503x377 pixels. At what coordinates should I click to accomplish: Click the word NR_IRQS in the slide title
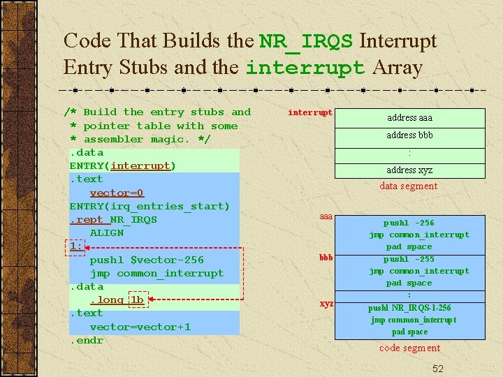point(306,41)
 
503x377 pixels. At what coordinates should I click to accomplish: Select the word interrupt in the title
point(305,68)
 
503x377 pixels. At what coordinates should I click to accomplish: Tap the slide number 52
point(437,368)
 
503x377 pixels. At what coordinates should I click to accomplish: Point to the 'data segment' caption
point(409,186)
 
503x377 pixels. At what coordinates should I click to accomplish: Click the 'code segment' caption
point(409,348)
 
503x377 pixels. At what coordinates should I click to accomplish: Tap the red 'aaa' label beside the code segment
point(326,217)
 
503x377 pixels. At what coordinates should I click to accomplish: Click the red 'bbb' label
point(326,258)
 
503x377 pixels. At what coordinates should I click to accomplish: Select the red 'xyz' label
point(326,304)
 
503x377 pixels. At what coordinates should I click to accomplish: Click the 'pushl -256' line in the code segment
point(409,223)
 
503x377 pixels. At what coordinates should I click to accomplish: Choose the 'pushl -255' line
point(409,259)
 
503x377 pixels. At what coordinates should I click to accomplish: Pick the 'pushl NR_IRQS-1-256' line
point(409,308)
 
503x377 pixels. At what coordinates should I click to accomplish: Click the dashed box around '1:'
point(76,246)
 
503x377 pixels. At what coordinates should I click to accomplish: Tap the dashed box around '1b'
point(138,300)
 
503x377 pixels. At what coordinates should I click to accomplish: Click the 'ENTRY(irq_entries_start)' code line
point(150,206)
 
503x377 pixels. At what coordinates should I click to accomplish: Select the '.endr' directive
point(86,340)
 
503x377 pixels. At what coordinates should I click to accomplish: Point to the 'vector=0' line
point(117,193)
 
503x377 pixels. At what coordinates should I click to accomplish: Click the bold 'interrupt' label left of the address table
point(310,112)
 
